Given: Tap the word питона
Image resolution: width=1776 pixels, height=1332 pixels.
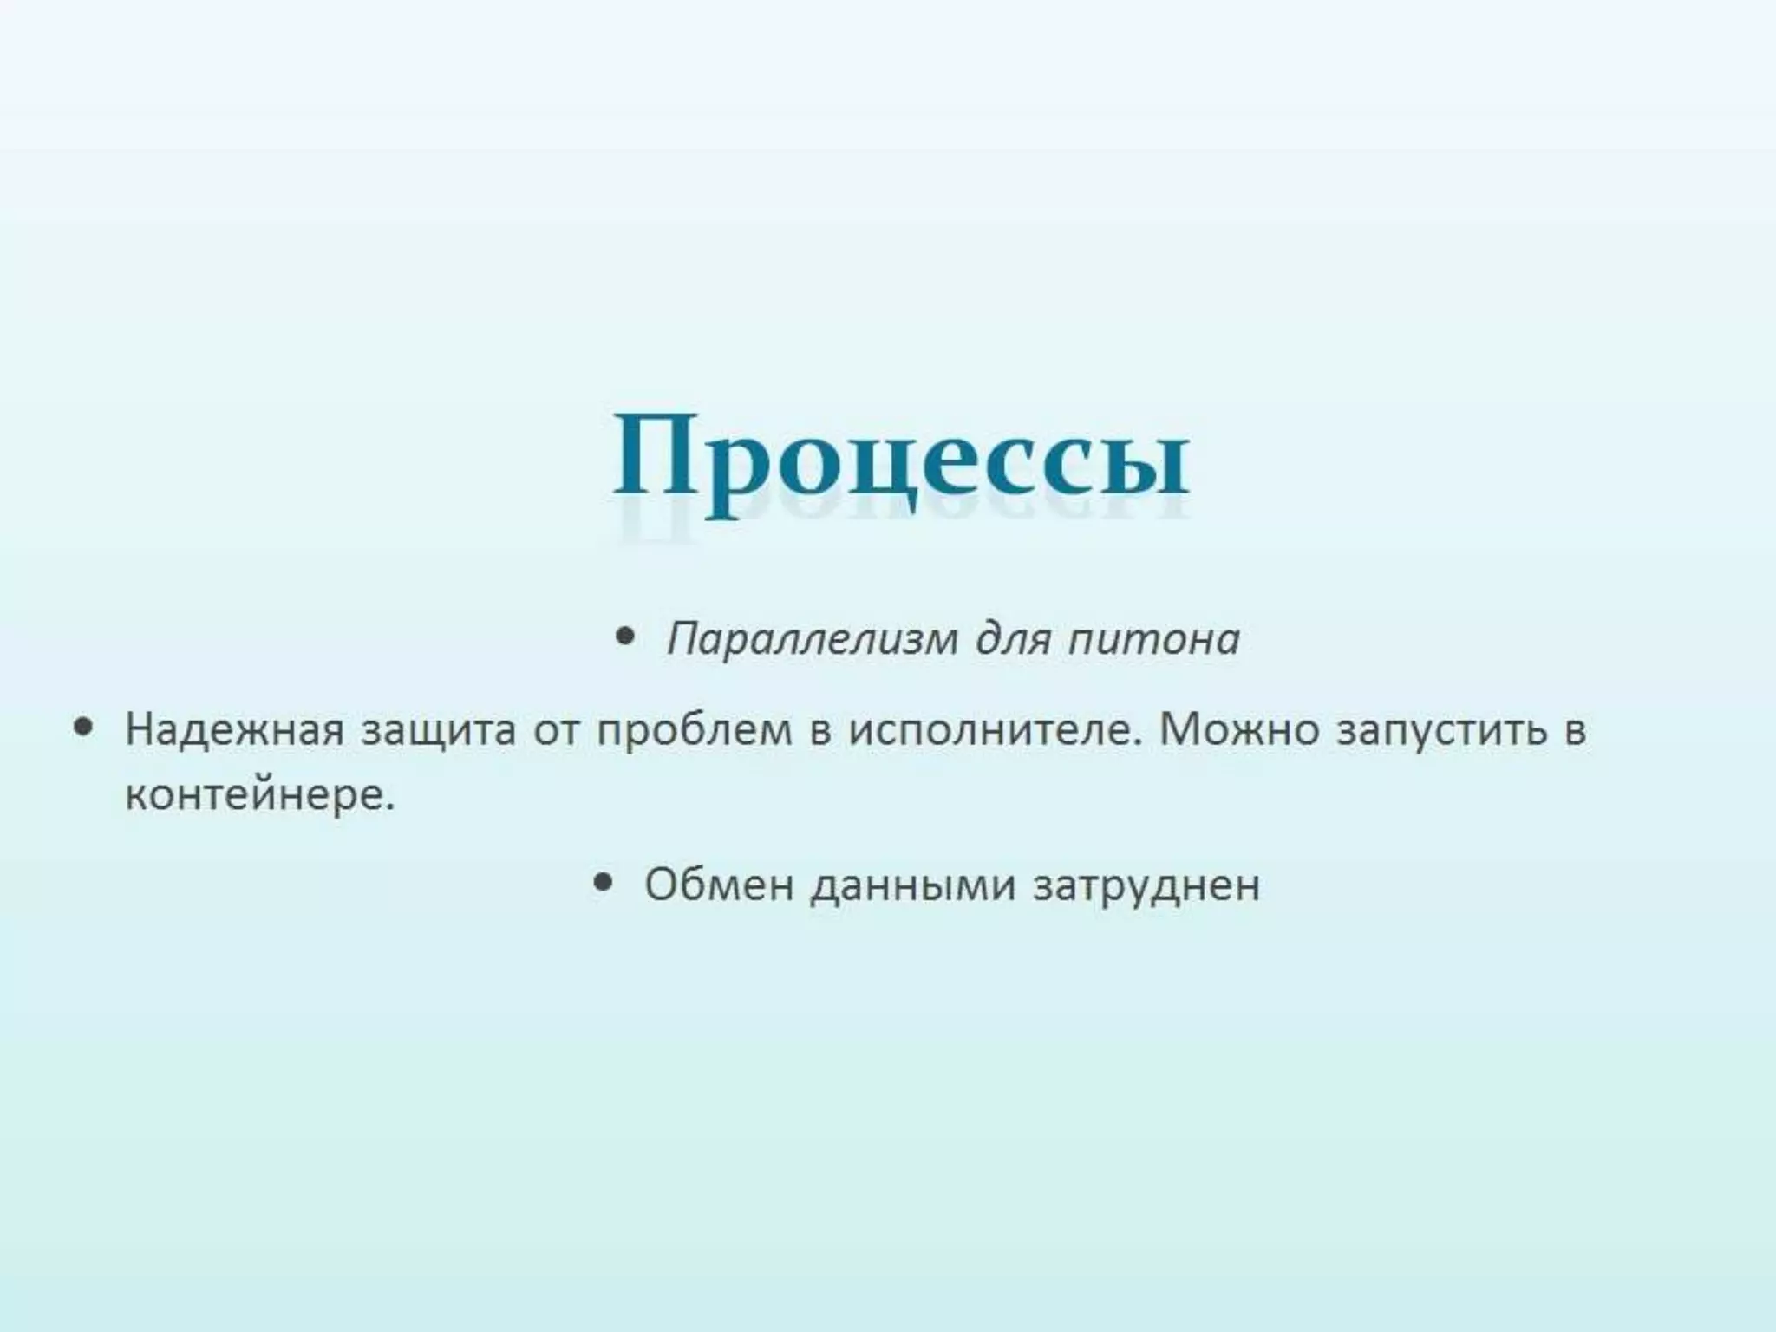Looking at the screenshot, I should pos(1153,640).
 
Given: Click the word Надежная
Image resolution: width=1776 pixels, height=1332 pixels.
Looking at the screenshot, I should pos(234,729).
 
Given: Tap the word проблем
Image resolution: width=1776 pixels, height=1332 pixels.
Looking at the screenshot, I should pos(695,731).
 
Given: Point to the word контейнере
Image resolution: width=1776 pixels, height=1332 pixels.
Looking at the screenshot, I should pos(259,794).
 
